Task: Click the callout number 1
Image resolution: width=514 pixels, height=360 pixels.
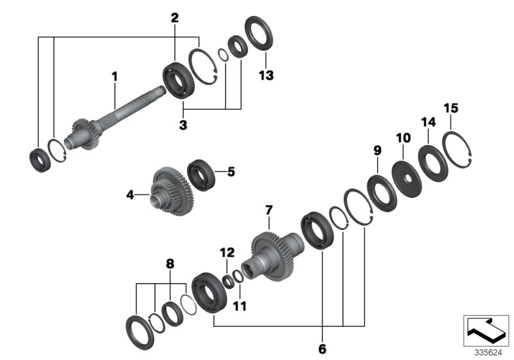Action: click(114, 77)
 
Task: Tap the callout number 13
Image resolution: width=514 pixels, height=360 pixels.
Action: click(266, 75)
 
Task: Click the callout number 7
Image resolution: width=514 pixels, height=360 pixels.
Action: click(269, 210)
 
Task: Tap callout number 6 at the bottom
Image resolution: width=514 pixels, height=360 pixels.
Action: click(321, 349)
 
